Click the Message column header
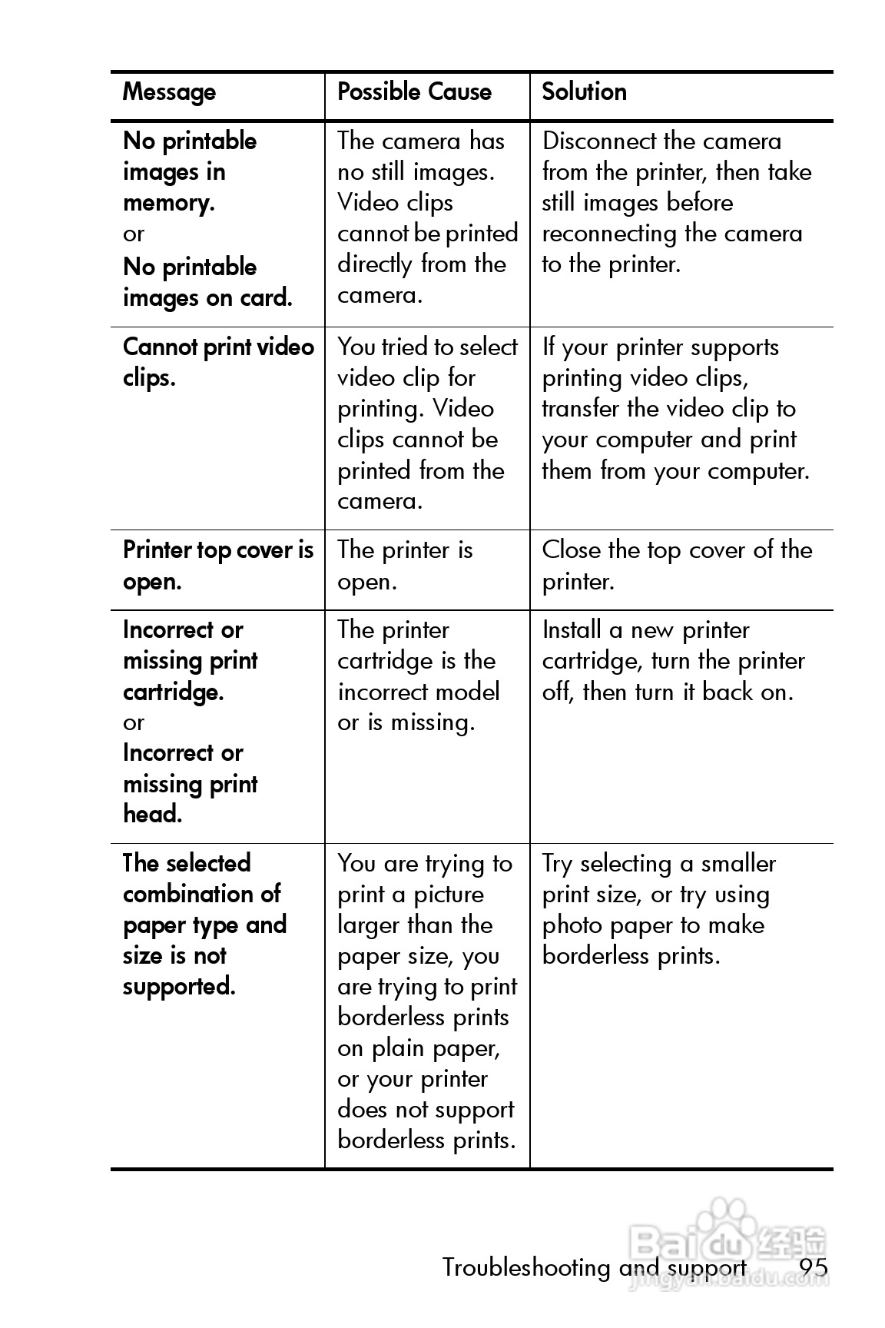pyautogui.click(x=169, y=92)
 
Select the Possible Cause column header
pyautogui.click(x=414, y=92)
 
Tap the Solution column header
pyautogui.click(x=584, y=92)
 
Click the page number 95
pyautogui.click(x=813, y=1267)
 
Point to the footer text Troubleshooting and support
pyautogui.click(x=594, y=1267)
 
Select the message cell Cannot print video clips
pyautogui.click(x=218, y=363)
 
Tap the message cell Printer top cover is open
pyautogui.click(x=218, y=566)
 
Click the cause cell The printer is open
pyautogui.click(x=405, y=566)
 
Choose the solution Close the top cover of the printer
pyautogui.click(x=676, y=566)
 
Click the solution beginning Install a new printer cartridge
pyautogui.click(x=673, y=661)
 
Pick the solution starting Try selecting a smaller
pyautogui.click(x=658, y=909)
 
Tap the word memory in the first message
pyautogui.click(x=167, y=204)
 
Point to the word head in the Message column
pyautogui.click(x=152, y=814)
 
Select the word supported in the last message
pyautogui.click(x=178, y=987)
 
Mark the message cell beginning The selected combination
pyautogui.click(x=204, y=925)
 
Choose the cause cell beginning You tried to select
pyautogui.click(x=427, y=423)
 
